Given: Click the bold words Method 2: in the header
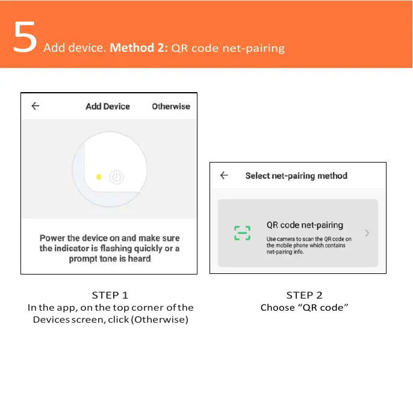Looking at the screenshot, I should point(139,48).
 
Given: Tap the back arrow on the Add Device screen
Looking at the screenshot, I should point(36,106).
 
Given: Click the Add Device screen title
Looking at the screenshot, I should point(108,107).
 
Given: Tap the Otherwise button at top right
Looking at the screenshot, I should point(170,107).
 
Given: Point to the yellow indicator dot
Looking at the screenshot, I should point(99,177).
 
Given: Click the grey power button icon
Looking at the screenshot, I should point(117,177).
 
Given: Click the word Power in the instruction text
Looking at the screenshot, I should point(52,238).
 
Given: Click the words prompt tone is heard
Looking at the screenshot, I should point(109,259).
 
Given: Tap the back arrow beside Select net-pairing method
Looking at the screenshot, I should point(224,176).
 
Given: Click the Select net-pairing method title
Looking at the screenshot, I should point(296,176).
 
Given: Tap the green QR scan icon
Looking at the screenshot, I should point(242,233).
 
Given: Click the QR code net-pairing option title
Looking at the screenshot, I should point(305,225).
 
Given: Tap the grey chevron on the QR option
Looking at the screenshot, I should point(367,233).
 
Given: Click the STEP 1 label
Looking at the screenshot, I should point(110,295).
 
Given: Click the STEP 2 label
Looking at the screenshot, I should point(304,295).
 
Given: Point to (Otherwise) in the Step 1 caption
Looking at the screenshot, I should point(160,319).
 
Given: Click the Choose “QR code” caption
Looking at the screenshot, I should point(305,308).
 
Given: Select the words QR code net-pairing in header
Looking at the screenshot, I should point(228,48).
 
